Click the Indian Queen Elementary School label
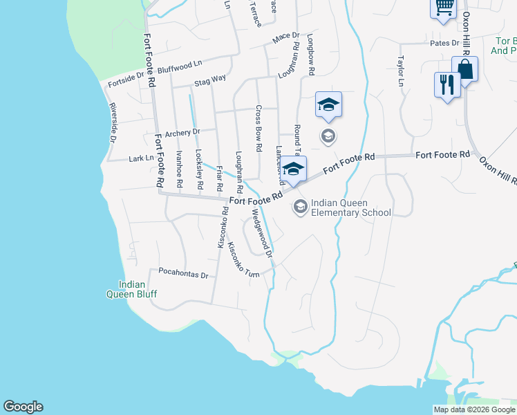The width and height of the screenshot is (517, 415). click(x=351, y=207)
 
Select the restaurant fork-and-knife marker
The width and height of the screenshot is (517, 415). click(x=447, y=85)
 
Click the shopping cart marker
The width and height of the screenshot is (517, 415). click(x=444, y=6)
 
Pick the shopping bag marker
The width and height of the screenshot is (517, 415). click(x=464, y=69)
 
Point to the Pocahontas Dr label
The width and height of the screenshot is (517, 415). click(x=183, y=274)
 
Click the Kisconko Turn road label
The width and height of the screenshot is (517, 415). click(x=243, y=259)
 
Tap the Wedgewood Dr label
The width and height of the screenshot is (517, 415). click(x=263, y=234)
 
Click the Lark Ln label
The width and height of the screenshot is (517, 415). click(x=141, y=158)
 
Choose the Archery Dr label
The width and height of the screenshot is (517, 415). click(x=182, y=131)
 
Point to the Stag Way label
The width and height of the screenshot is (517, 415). click(x=210, y=80)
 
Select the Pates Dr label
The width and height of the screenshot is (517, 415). click(x=445, y=43)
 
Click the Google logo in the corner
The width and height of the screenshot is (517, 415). click(x=23, y=407)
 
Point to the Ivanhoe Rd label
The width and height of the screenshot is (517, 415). click(x=178, y=169)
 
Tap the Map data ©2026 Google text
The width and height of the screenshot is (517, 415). click(x=474, y=409)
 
